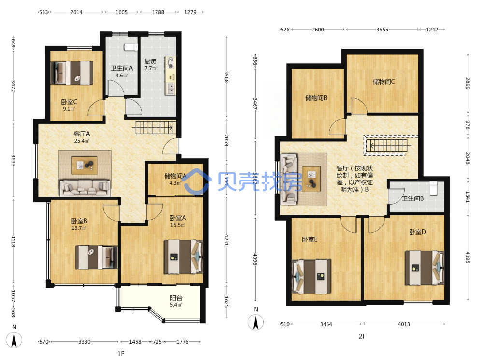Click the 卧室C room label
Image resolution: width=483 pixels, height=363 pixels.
(69, 102)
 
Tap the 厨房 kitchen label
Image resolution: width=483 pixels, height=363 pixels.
(151, 61)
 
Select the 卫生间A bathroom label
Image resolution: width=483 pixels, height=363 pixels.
(122, 68)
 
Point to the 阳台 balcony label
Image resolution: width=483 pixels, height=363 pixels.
(176, 298)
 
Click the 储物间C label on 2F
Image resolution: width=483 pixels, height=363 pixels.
(384, 81)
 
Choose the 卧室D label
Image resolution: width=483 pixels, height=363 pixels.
(417, 232)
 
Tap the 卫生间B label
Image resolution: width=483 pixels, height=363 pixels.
(413, 198)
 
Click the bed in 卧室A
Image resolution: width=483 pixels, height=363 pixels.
(183, 257)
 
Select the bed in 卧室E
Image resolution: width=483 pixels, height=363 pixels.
(312, 276)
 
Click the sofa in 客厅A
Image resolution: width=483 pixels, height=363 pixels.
(85, 188)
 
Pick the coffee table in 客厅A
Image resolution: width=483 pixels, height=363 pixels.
(85, 166)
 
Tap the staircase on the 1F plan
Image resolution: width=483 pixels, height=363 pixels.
(155, 127)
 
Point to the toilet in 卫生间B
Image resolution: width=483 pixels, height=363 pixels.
(433, 188)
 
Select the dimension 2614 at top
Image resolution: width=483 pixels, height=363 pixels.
(76, 12)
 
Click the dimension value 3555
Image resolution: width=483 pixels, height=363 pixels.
(382, 30)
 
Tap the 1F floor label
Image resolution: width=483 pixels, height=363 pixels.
(121, 354)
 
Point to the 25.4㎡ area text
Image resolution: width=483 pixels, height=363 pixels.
(82, 141)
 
